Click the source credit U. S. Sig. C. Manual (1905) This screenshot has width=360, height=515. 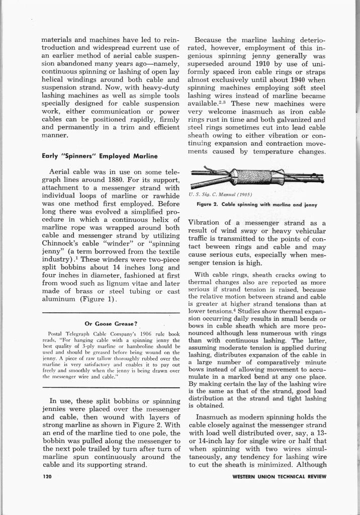(217, 195)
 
